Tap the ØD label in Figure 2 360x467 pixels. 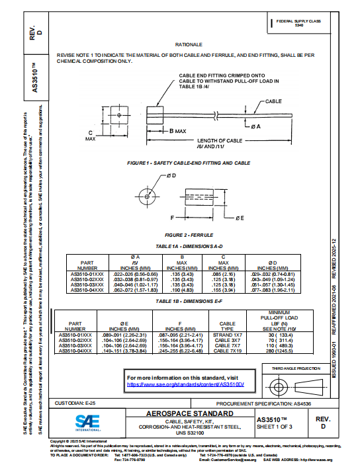click(x=171, y=175)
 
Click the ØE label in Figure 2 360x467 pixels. click(x=240, y=217)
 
